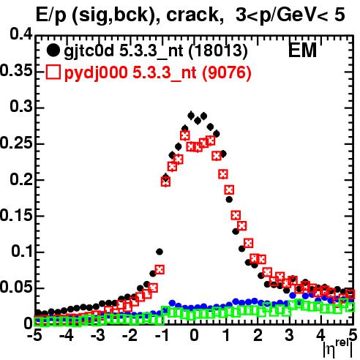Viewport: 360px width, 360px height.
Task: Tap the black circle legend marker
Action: [x=53, y=50]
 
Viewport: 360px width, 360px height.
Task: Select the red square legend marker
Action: [x=53, y=72]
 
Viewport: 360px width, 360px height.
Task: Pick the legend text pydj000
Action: [x=96, y=73]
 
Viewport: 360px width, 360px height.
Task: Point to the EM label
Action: [x=302, y=50]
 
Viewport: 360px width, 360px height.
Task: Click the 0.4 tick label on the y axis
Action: [x=21, y=34]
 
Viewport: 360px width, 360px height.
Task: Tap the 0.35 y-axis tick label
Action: [x=16, y=71]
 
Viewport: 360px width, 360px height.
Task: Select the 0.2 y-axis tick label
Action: [x=21, y=179]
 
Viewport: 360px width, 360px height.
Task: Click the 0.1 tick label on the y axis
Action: [x=21, y=251]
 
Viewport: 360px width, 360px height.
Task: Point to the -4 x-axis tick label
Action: [x=67, y=335]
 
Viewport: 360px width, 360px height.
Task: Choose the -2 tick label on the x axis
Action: [x=130, y=335]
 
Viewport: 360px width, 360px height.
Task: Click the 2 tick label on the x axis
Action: [x=258, y=335]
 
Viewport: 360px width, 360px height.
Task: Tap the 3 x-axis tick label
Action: [x=290, y=335]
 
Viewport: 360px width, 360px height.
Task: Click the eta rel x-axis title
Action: [x=338, y=349]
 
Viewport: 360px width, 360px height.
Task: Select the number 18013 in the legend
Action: [x=218, y=50]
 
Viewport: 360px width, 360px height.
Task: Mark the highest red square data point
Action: [x=185, y=135]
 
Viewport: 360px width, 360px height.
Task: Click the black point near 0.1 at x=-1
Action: [x=160, y=252]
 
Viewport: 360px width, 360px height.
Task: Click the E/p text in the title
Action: [x=50, y=15]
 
